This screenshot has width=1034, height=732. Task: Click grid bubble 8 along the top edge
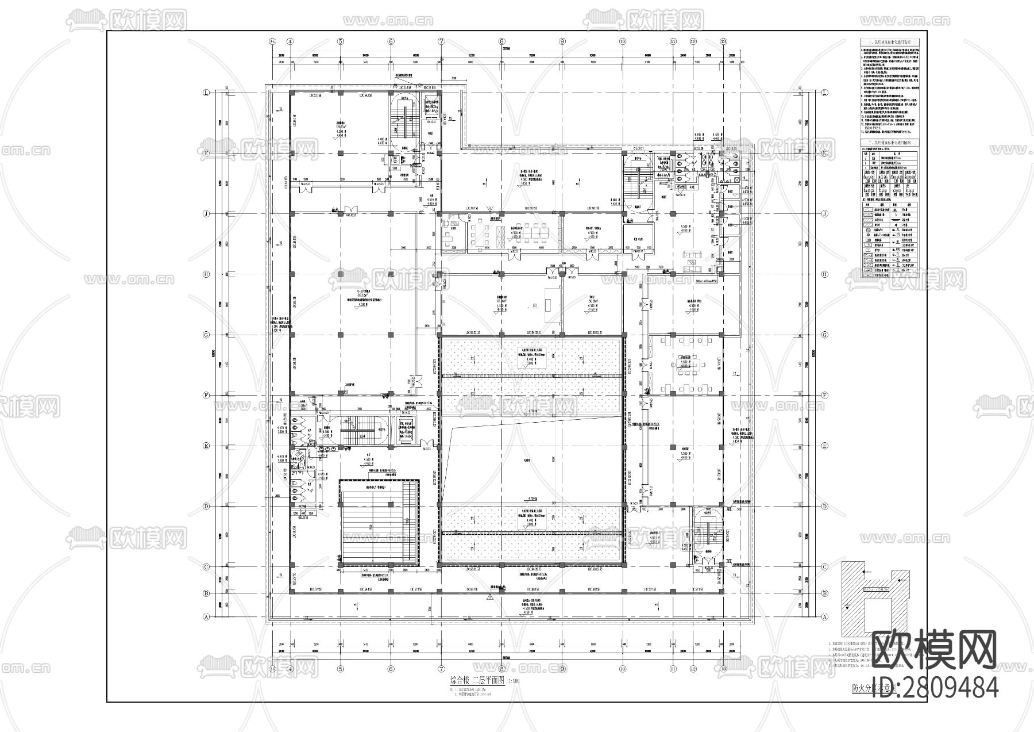[x=502, y=41]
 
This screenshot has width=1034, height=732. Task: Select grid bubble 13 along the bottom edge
[x=724, y=669]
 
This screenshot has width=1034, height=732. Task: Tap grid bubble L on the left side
[x=205, y=93]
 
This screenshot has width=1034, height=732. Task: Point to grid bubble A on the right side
[x=825, y=616]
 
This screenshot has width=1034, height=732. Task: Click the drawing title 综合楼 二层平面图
[x=476, y=680]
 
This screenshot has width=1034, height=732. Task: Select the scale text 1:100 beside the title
[x=514, y=681]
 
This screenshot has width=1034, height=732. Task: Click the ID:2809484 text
[x=935, y=688]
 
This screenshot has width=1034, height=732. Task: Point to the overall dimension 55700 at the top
[x=506, y=49]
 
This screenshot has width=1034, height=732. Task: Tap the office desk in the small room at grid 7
[x=452, y=232]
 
